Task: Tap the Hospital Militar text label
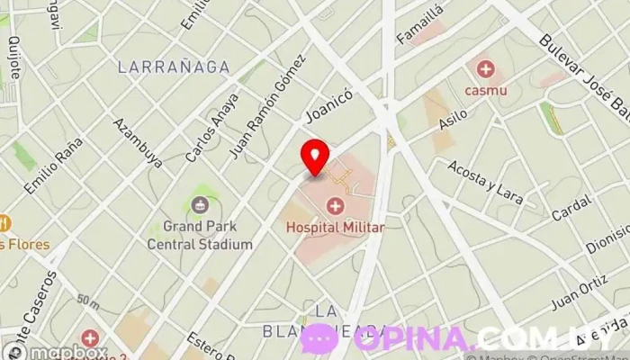tap(335, 228)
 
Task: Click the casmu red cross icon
tap(486, 68)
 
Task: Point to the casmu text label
tap(486, 90)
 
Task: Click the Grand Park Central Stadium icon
tap(199, 205)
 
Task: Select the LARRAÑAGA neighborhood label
tap(173, 67)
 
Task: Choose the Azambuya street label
tap(138, 142)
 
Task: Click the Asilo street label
tap(452, 123)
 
